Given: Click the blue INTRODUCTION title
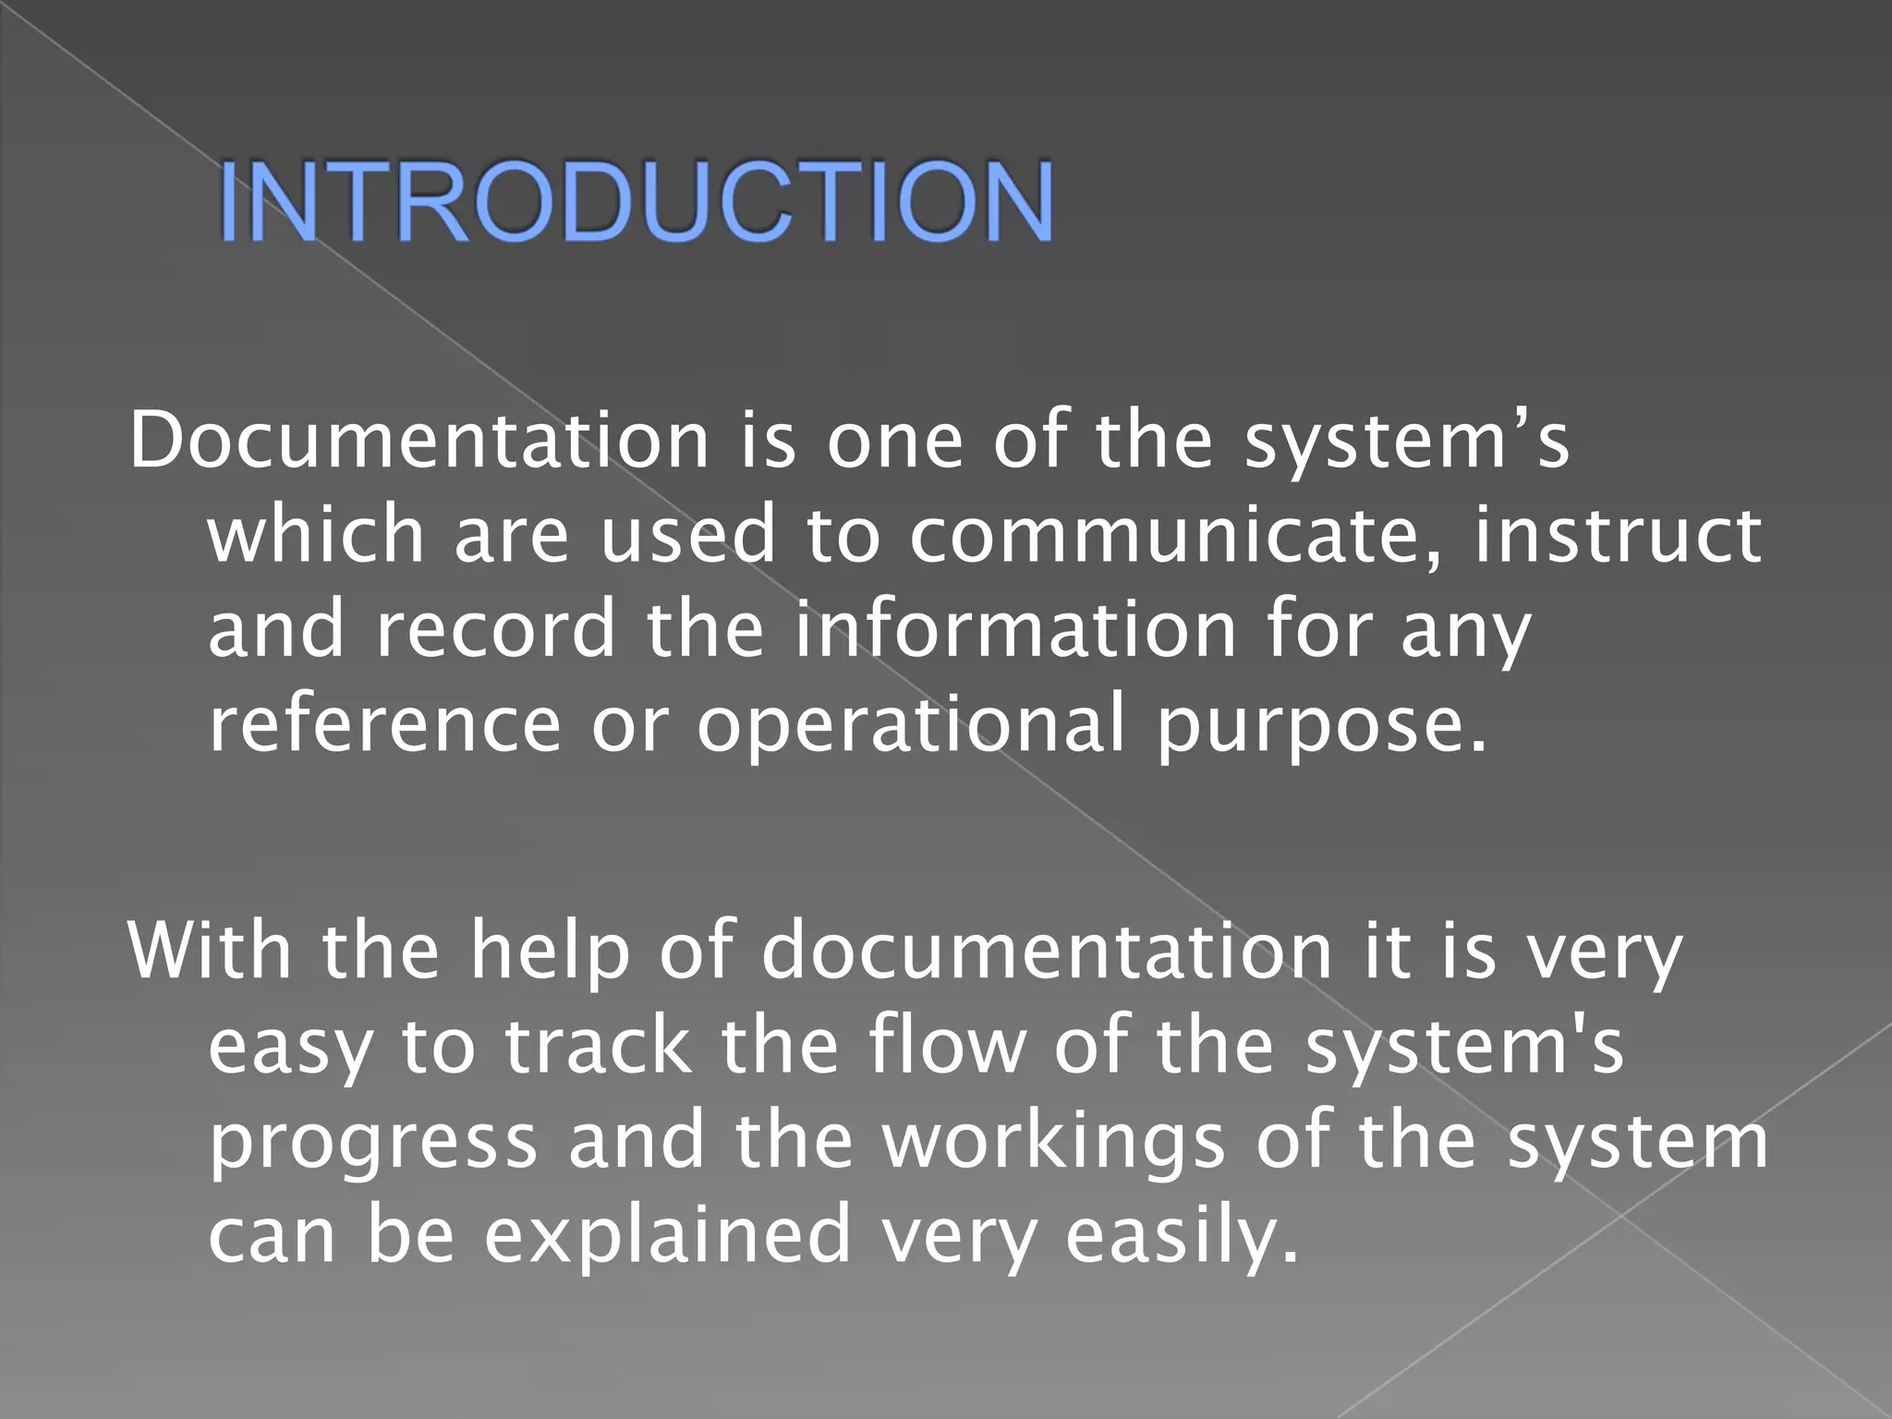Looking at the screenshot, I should [x=636, y=202].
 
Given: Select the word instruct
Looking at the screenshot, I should [x=1617, y=535].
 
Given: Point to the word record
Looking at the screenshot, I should [x=495, y=628].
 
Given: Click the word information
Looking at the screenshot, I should [x=1015, y=628].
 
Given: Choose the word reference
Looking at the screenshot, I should [x=384, y=723].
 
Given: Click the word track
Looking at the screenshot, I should [x=597, y=1046].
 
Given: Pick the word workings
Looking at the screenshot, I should [x=1053, y=1142].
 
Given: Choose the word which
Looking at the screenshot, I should [x=315, y=535].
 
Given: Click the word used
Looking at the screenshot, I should [x=687, y=535].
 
